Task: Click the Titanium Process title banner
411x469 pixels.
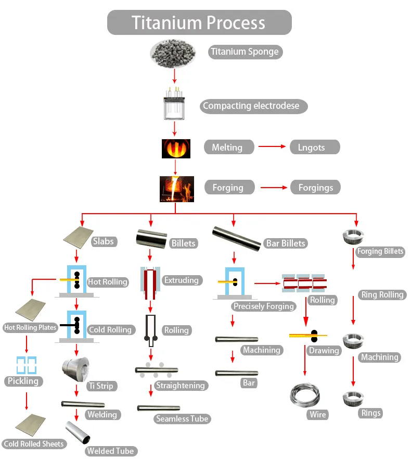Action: [x=199, y=23]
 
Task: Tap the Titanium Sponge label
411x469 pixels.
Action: [x=245, y=52]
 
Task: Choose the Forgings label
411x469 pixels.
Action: [x=315, y=188]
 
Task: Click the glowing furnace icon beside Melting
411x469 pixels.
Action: [x=175, y=148]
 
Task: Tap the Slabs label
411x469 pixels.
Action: [x=104, y=242]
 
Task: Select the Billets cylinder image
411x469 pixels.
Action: [x=151, y=239]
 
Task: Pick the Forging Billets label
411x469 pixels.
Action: [x=380, y=252]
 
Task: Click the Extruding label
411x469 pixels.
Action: [x=181, y=280]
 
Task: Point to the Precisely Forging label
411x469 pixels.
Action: [x=263, y=306]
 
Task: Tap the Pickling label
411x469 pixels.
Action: [x=23, y=381]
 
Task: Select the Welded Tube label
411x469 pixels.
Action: [x=110, y=451]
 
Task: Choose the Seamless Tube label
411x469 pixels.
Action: [x=182, y=418]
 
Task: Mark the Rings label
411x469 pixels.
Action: [x=371, y=413]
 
